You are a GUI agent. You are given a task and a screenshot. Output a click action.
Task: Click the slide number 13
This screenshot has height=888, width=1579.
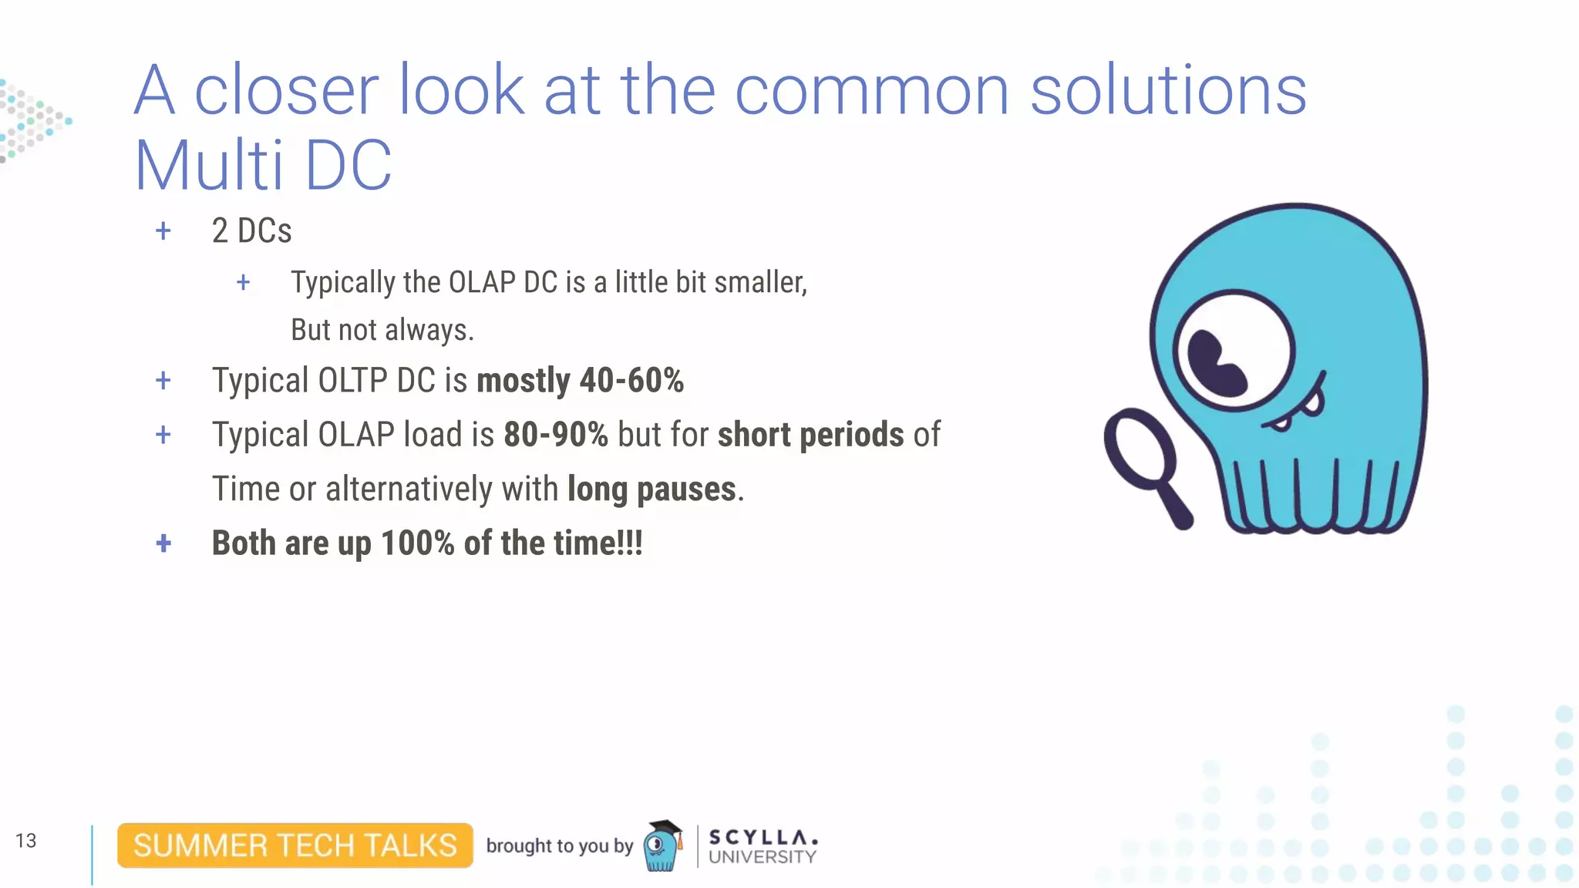click(x=25, y=840)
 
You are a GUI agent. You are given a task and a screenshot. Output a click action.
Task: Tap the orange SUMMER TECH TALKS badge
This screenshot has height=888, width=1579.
click(x=295, y=846)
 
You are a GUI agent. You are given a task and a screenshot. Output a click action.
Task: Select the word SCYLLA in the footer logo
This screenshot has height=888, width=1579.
click(x=762, y=837)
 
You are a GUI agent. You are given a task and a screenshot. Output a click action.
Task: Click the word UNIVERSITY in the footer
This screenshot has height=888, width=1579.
click(x=762, y=857)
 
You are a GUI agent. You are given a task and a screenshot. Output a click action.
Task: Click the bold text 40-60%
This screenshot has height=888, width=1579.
click(x=631, y=381)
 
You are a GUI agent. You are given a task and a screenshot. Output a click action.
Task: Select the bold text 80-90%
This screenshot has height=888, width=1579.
click(x=555, y=435)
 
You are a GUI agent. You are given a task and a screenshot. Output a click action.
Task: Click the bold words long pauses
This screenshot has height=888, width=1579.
click(x=651, y=489)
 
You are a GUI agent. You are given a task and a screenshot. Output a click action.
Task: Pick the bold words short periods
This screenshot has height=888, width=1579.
click(x=810, y=435)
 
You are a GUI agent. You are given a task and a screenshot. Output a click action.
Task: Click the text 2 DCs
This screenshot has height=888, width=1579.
click(x=251, y=231)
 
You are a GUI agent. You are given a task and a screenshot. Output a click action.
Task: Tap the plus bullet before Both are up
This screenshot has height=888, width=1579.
click(x=163, y=543)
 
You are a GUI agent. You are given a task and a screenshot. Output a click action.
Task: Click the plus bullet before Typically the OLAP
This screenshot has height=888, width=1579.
click(x=243, y=283)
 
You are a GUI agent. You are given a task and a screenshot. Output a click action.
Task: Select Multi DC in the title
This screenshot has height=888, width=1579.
click(x=263, y=166)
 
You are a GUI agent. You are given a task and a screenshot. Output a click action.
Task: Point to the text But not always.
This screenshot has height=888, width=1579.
click(x=382, y=331)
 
